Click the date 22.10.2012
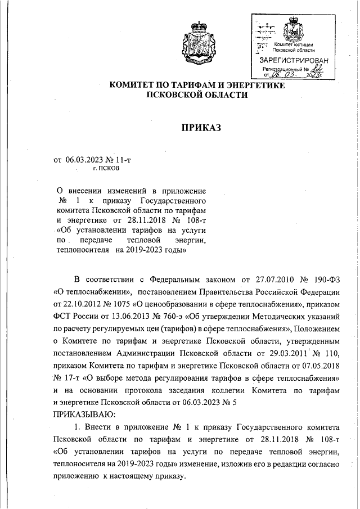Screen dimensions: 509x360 (x=82, y=304)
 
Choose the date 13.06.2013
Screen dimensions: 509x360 (x=125, y=316)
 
